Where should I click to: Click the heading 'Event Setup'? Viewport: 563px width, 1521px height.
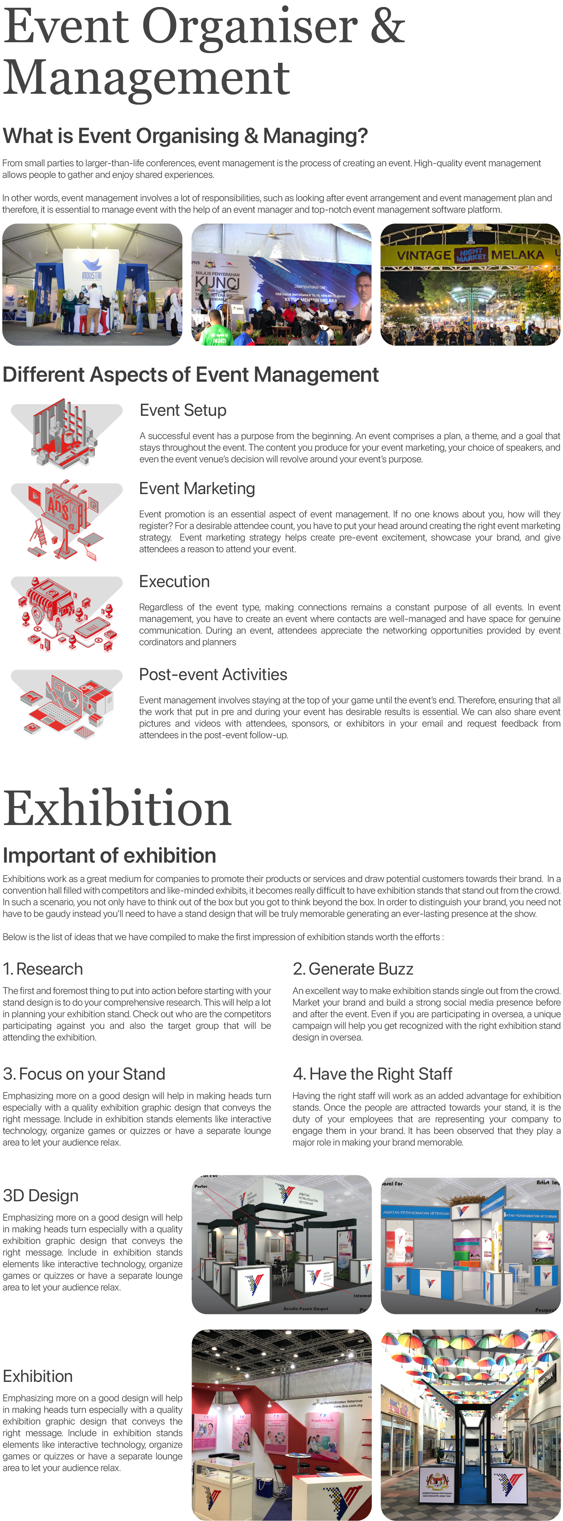[x=183, y=410]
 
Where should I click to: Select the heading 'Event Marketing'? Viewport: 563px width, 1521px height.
[x=197, y=489]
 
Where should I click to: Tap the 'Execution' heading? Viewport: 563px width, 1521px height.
[x=174, y=582]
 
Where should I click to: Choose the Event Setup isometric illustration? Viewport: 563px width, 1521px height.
[x=66, y=434]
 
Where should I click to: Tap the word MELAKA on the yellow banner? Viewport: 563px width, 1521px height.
[x=518, y=255]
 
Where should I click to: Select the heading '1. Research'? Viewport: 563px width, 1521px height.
[x=43, y=969]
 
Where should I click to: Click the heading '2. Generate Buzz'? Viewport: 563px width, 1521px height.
[x=353, y=969]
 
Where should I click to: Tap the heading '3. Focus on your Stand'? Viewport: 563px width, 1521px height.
[x=84, y=1074]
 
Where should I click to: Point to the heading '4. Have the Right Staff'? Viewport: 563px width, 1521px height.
[x=372, y=1074]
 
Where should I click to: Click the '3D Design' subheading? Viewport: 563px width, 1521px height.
[x=41, y=1195]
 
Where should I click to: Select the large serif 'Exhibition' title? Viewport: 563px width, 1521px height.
[x=117, y=809]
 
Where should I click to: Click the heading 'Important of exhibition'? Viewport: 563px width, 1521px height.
[x=109, y=856]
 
